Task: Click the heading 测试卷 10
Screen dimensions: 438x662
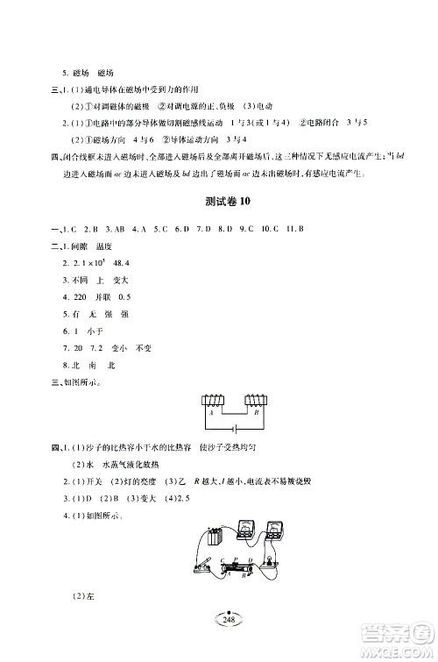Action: click(x=220, y=225)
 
